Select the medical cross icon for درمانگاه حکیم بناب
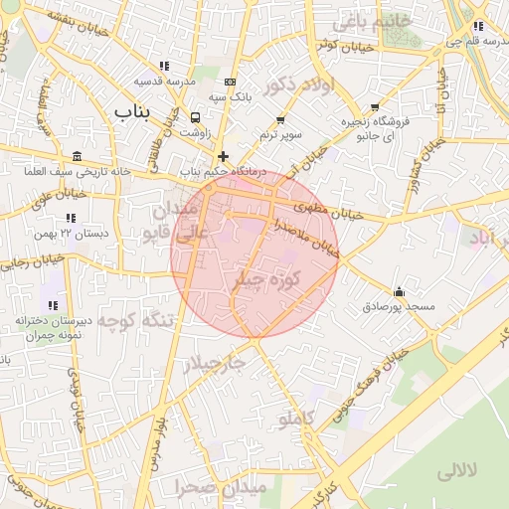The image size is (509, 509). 223,156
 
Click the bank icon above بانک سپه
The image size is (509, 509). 231,82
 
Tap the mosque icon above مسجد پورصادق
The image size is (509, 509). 399,291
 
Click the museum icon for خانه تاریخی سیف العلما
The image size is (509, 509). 78,157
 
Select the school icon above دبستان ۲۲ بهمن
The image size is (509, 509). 70,217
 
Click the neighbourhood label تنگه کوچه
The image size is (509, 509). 144,319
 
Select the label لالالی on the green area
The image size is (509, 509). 456,470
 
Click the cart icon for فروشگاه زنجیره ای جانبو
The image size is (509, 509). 375,106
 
